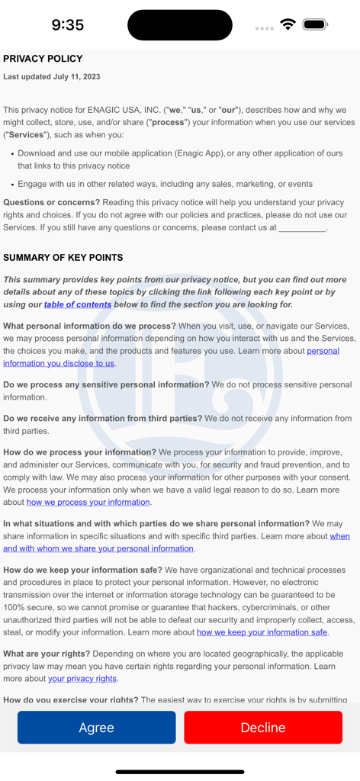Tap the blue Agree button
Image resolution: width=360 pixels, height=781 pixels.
pos(96,728)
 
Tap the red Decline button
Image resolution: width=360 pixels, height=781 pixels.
pos(263,728)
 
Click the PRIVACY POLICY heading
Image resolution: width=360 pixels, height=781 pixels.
pos(43,59)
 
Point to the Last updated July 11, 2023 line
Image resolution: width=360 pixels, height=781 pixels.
pos(51,77)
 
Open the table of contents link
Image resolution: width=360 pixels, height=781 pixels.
pos(78,304)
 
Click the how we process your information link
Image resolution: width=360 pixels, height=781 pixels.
pos(88,502)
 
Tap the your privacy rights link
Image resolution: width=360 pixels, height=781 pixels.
pos(82,678)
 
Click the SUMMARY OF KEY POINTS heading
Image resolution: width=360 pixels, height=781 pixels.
pos(63,258)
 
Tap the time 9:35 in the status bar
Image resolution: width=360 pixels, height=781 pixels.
pos(67,25)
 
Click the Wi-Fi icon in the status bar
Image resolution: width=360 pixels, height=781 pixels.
pos(288,25)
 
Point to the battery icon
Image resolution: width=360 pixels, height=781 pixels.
pos(315,25)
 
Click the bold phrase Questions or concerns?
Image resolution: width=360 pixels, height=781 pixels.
pos(52,202)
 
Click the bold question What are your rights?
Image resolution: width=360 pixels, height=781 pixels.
pos(47,654)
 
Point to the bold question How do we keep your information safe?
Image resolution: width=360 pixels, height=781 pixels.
pos(82,570)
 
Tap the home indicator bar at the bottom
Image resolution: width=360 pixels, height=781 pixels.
pos(180,772)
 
